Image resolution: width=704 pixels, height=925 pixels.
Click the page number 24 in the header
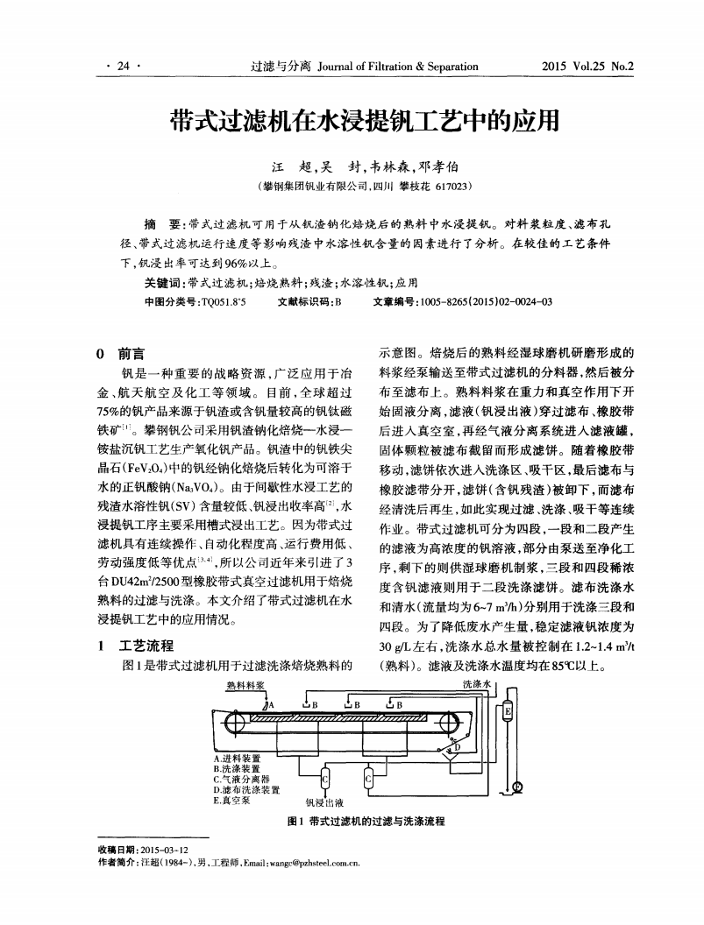123,66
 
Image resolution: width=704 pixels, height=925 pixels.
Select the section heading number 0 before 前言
102,354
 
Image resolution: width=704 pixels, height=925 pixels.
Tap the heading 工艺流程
140,646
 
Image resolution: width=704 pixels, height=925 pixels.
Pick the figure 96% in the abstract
236,263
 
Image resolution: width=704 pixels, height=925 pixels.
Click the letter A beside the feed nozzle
271,703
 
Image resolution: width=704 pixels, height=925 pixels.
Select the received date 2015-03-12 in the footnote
164,850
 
